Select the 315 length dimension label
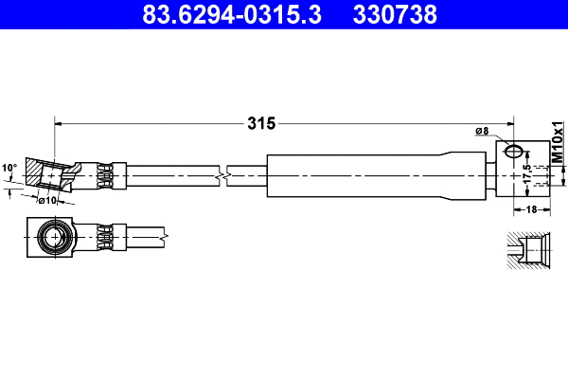(260, 122)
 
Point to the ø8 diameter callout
(481, 131)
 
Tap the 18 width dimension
(530, 210)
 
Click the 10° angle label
(9, 168)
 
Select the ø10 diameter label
(48, 200)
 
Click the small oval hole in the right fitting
(513, 150)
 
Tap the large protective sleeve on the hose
(379, 175)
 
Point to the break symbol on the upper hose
(222, 175)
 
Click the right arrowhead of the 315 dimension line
(509, 122)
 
